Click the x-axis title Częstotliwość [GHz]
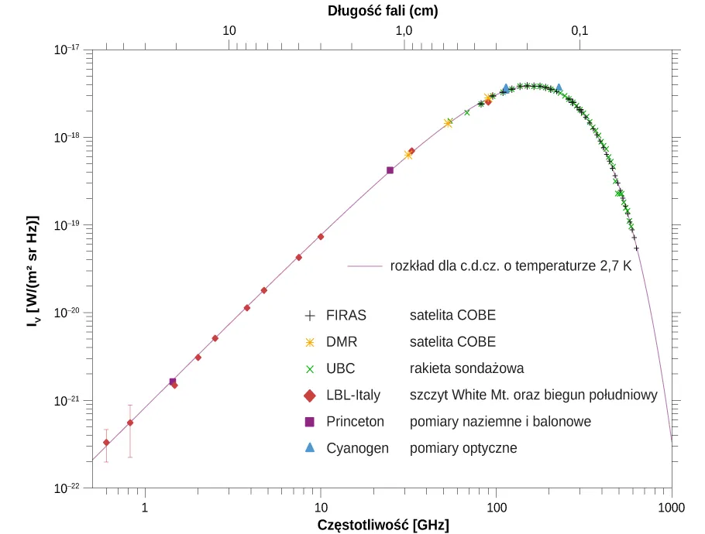(x=383, y=525)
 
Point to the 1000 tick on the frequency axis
(x=671, y=507)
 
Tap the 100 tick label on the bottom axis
(x=496, y=507)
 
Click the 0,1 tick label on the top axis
(x=579, y=31)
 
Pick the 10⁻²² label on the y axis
(x=67, y=489)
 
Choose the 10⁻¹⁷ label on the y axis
(x=67, y=50)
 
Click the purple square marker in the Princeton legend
(x=310, y=422)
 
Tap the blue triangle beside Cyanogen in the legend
(x=310, y=448)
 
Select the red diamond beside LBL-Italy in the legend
(x=310, y=395)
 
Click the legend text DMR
(x=342, y=342)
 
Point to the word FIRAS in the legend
(x=346, y=316)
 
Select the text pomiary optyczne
(x=463, y=448)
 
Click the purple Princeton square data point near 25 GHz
(x=390, y=170)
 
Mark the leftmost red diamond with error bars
(x=106, y=443)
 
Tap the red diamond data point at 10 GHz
(x=321, y=236)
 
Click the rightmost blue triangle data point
(x=559, y=88)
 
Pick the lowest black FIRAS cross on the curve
(x=636, y=248)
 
